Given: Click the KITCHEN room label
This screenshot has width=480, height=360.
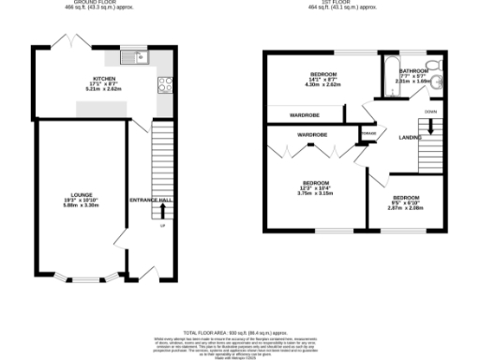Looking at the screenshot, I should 102,79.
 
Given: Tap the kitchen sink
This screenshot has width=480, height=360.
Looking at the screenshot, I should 139,58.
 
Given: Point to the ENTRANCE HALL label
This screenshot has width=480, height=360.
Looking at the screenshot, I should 151,201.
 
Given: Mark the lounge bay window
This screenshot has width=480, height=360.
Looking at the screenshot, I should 91,279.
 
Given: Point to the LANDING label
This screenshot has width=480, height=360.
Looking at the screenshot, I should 410,138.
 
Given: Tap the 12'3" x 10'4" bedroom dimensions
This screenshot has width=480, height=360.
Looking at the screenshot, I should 315,188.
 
